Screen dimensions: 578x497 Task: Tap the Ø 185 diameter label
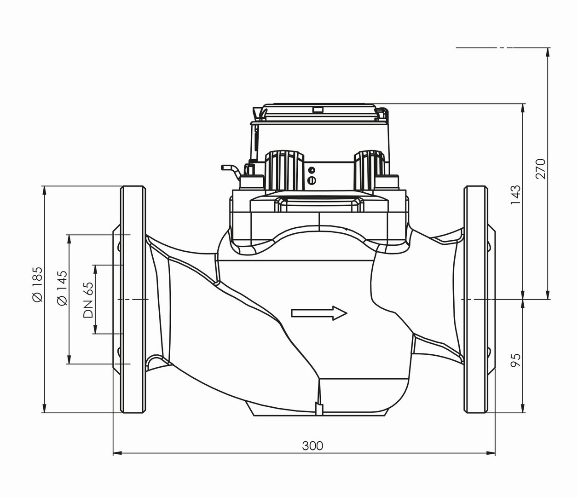click(x=37, y=284)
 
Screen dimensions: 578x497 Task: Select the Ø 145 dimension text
click(x=62, y=288)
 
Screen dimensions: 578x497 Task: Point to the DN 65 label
click(x=88, y=300)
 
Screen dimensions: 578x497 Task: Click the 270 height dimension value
click(x=540, y=168)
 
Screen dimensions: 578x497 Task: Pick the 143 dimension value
click(x=516, y=195)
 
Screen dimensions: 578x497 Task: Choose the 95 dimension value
click(x=516, y=360)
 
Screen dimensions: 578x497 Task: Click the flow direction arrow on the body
click(x=319, y=313)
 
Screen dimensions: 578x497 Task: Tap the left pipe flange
click(x=133, y=299)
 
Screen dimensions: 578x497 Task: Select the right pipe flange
click(x=476, y=299)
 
